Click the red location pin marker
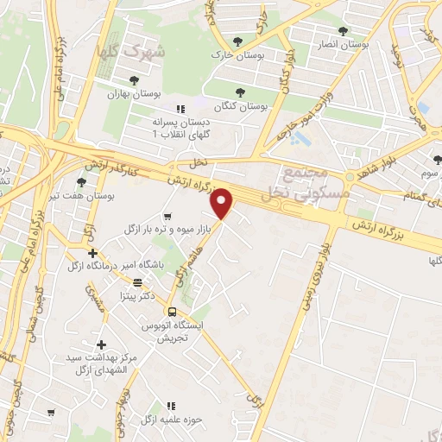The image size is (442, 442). (x=223, y=204)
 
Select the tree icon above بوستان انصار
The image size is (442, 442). (x=343, y=31)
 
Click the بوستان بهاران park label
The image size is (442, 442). (x=129, y=94)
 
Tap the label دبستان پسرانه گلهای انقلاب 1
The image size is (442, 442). (x=182, y=129)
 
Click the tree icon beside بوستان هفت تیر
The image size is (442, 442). (x=81, y=182)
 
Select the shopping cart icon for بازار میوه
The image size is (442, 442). (x=167, y=216)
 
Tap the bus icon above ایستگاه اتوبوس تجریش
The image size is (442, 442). (x=172, y=312)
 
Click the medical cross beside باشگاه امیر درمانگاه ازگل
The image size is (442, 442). (x=92, y=253)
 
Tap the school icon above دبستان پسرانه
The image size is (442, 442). (x=180, y=109)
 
